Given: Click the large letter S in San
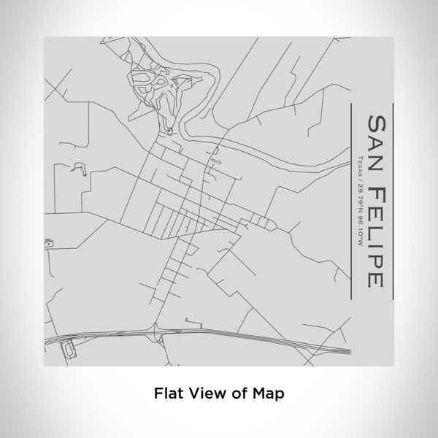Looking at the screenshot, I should tap(374, 121).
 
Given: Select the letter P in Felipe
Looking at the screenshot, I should tap(374, 262).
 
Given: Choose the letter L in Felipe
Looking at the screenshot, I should tap(374, 231).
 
